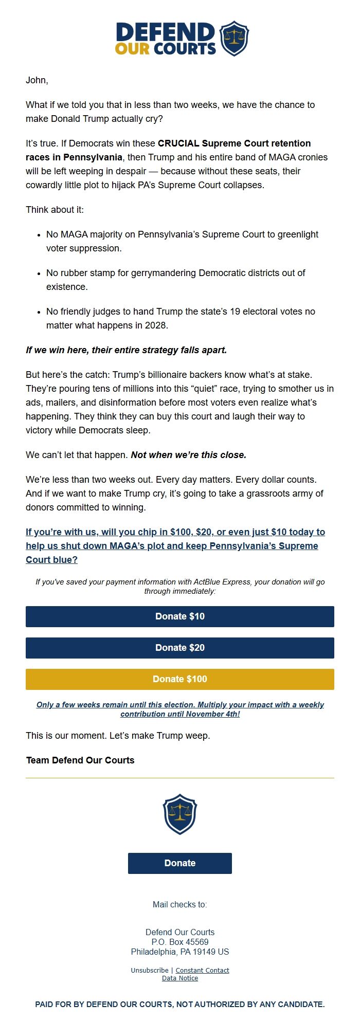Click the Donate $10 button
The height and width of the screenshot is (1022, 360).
(180, 616)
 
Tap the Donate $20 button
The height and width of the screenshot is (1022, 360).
(180, 648)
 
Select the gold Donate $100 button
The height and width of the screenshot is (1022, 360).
(180, 679)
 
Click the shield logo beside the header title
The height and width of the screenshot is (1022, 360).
(234, 39)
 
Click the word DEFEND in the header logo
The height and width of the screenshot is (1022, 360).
(166, 32)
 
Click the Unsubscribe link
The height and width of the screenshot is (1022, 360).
(149, 971)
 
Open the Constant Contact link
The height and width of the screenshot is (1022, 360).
(202, 971)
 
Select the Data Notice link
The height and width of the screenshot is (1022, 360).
(180, 978)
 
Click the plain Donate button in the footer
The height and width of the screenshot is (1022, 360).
(180, 863)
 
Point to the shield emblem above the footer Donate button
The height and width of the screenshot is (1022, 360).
(180, 814)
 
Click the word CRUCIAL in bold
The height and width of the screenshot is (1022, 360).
(178, 143)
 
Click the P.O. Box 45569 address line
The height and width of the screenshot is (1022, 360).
(180, 942)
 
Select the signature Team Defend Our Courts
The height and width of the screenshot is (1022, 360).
(80, 760)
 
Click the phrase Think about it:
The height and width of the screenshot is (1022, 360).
(55, 210)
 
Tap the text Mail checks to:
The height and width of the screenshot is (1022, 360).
(180, 904)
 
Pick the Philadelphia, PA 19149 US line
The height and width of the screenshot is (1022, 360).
(180, 952)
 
